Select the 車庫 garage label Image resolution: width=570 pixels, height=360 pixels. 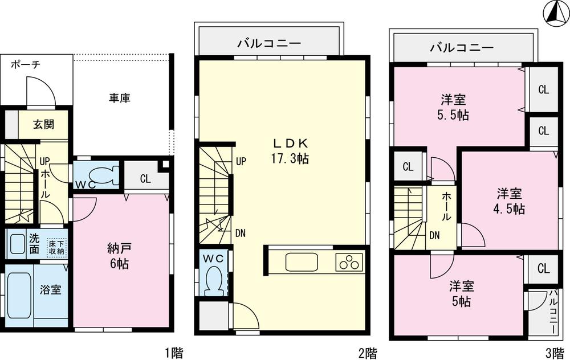pos(120,98)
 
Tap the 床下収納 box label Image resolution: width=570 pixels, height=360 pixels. pos(56,246)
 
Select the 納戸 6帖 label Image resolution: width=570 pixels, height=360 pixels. pos(120,256)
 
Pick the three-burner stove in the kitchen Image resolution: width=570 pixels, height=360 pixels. pos(349,263)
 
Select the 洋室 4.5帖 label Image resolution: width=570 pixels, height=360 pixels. pos(510,201)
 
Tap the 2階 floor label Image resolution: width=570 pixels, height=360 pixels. pos(367,352)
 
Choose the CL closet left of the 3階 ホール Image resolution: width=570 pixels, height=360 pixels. pos(408,167)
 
